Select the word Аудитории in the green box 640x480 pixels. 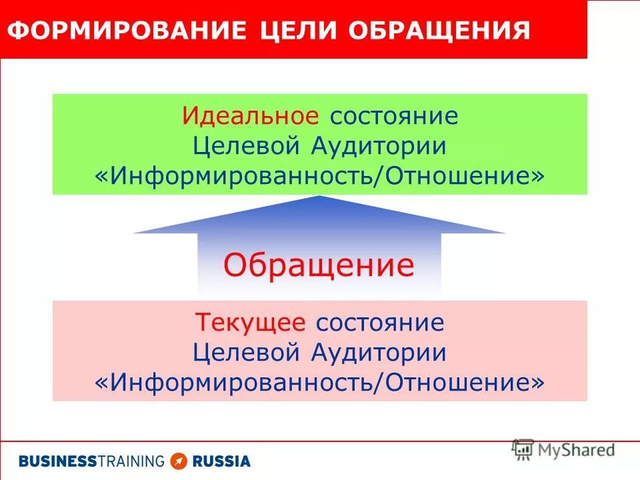378,145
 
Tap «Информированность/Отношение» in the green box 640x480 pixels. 320,175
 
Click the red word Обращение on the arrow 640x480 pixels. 319,265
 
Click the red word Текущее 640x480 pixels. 251,323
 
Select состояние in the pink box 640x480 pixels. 380,323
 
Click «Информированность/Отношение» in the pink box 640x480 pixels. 320,382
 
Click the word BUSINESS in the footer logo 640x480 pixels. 57,461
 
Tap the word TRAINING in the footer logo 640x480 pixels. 130,461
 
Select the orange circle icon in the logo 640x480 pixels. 178,461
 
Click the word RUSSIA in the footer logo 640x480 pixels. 221,461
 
